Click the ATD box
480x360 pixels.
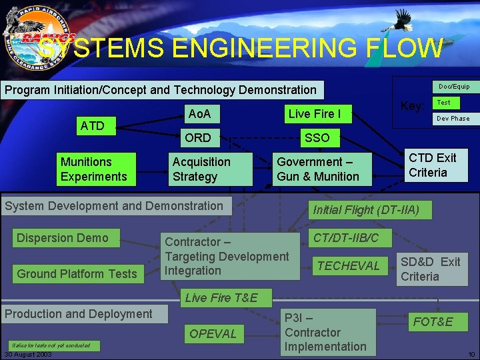click(x=92, y=125)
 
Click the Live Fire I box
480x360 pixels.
click(x=314, y=114)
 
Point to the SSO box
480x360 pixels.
click(x=317, y=138)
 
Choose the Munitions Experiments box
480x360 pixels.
click(x=93, y=169)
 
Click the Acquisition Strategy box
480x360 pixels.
click(x=210, y=169)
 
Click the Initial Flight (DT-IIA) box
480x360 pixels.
click(x=367, y=210)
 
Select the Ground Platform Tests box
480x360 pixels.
click(x=77, y=273)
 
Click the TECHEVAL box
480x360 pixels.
click(x=349, y=266)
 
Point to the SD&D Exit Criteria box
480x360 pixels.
click(x=431, y=269)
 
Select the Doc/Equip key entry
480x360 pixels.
click(x=454, y=87)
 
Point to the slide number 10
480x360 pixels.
click(x=471, y=354)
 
